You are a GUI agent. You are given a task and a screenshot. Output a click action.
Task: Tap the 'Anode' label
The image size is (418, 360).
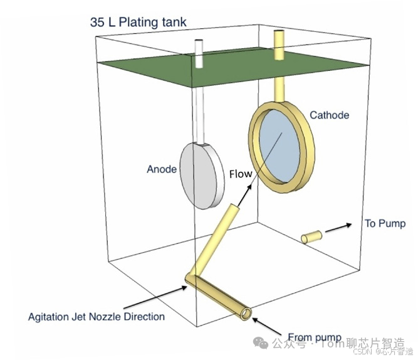(x=162, y=169)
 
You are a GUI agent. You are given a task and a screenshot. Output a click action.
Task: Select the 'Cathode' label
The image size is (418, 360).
(x=329, y=115)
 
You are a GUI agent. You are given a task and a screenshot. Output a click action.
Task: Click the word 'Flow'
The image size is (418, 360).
(x=240, y=174)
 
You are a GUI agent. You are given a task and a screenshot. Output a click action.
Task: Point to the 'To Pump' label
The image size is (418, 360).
(x=385, y=223)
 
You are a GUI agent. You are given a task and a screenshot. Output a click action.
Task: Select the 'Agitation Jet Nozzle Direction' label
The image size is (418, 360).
(x=97, y=316)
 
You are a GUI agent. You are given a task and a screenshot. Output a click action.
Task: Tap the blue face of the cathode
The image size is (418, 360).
(x=280, y=144)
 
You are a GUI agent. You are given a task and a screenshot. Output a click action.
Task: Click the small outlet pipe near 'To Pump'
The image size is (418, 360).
(x=311, y=237)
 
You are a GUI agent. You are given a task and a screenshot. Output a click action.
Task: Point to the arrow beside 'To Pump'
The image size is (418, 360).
(x=339, y=227)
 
